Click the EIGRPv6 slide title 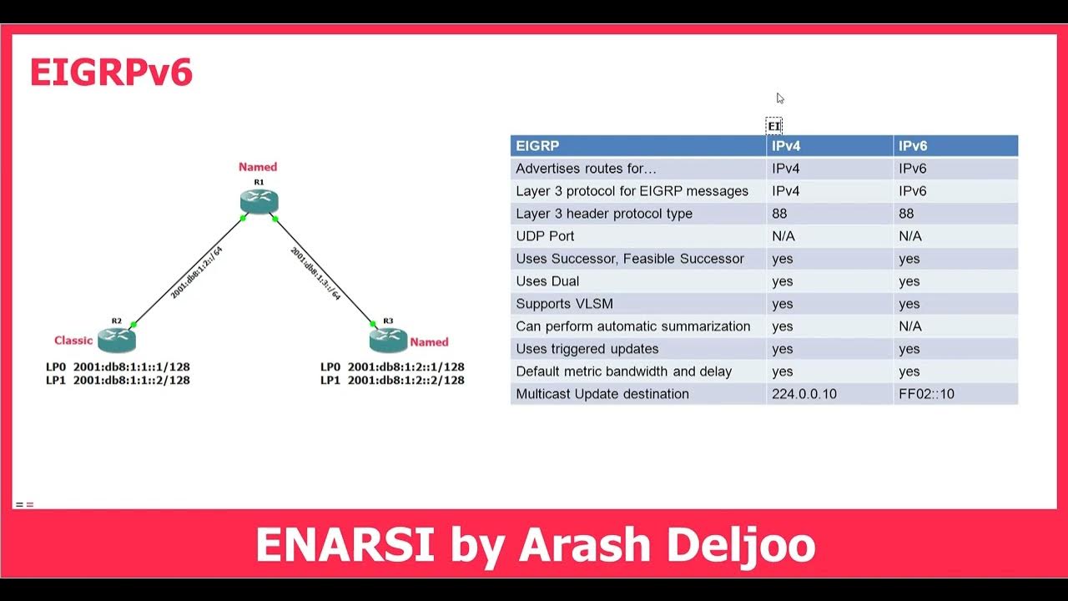pos(111,73)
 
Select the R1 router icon pos(259,201)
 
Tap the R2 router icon pos(116,339)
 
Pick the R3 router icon pos(388,339)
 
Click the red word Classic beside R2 pos(73,340)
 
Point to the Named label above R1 pos(258,167)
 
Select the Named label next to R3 pos(429,341)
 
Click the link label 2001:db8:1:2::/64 pos(197,273)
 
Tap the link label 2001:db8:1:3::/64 pos(315,273)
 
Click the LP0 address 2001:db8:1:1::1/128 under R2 pos(131,366)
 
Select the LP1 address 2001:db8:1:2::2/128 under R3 pos(406,381)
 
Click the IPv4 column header pos(786,146)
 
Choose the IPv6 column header pos(913,146)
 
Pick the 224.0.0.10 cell pos(804,394)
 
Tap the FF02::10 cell pos(925,394)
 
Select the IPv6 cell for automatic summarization pos(910,326)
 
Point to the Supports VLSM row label pos(564,304)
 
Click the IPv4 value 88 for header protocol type pos(779,214)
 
